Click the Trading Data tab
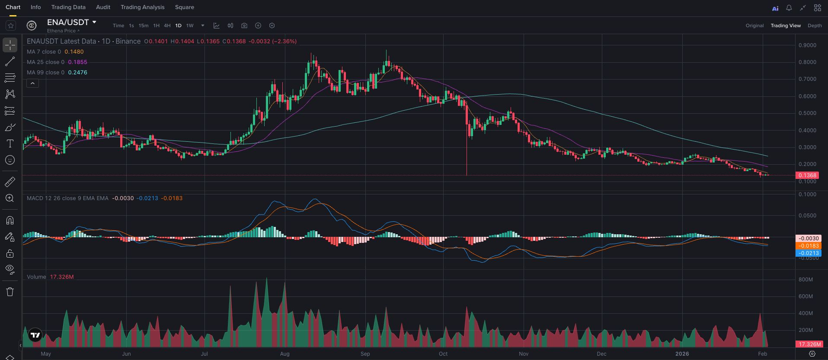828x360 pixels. [x=68, y=7]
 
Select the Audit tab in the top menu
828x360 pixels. [x=103, y=7]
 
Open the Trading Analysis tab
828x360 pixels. [x=142, y=7]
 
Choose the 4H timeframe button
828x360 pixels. [x=167, y=25]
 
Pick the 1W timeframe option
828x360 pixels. [x=190, y=25]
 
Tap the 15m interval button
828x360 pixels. [x=143, y=25]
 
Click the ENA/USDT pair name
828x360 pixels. [x=68, y=22]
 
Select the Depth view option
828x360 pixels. [x=815, y=25]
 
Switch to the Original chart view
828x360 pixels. [x=754, y=25]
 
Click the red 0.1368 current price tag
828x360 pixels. [x=807, y=175]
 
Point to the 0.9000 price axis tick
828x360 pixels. [x=807, y=45]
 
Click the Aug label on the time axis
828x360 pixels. [x=285, y=354]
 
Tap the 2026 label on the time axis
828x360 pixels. [x=682, y=354]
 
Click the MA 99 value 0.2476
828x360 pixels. [x=78, y=73]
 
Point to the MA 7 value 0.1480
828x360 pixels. [x=74, y=52]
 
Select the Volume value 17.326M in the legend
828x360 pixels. [x=62, y=277]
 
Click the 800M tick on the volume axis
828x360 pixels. [x=806, y=280]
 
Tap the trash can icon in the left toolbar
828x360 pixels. [x=10, y=292]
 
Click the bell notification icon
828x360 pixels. [x=789, y=8]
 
